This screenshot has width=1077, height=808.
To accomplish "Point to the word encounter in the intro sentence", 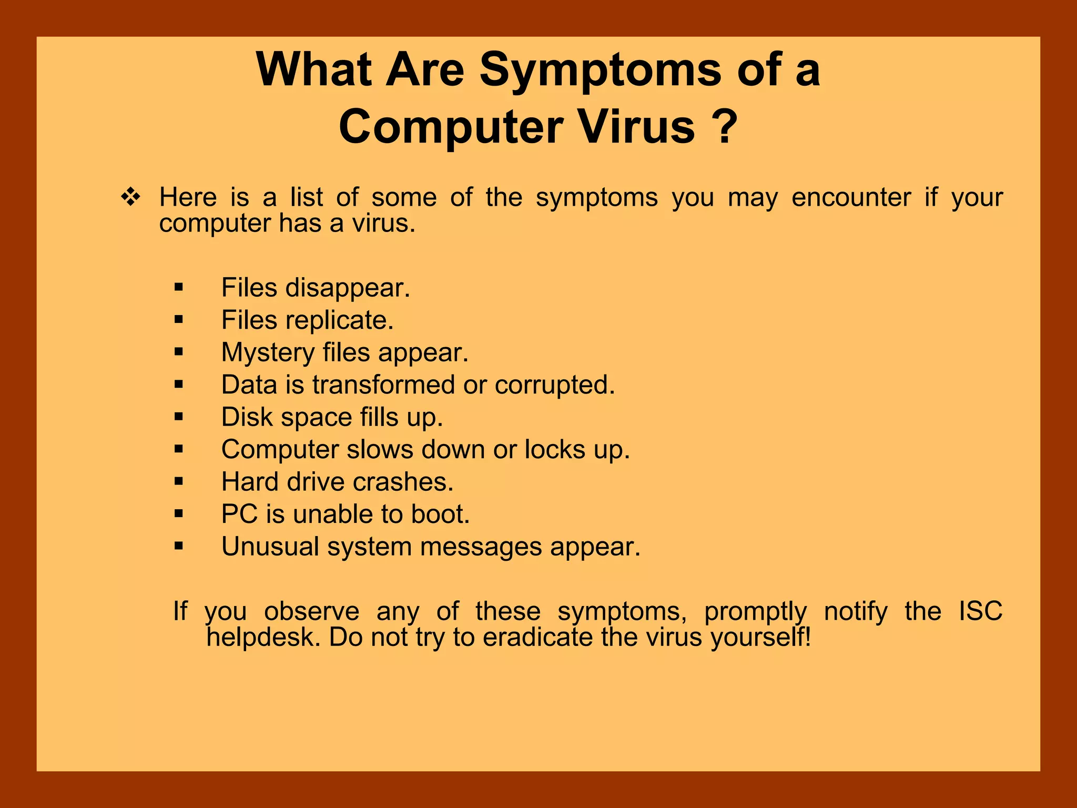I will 851,198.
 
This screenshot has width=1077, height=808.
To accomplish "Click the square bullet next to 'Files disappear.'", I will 179,287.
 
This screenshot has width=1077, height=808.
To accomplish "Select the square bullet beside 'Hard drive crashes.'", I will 179,481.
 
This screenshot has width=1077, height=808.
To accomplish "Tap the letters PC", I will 239,514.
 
